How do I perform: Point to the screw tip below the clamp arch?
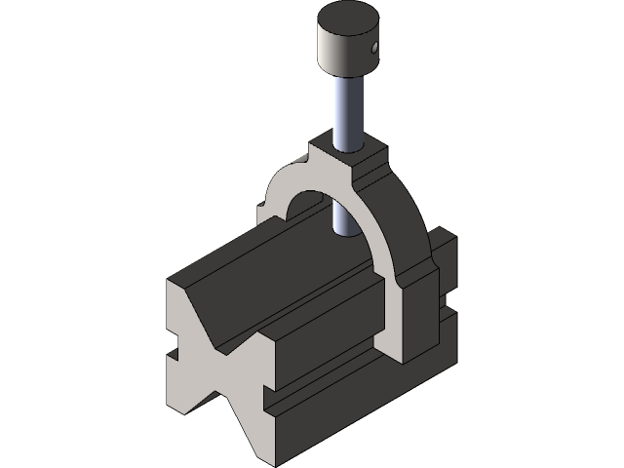[340, 227]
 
